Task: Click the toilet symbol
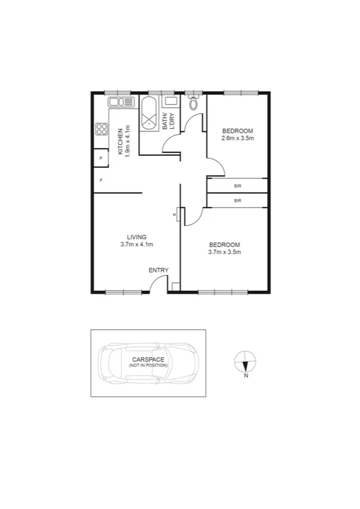pyautogui.click(x=192, y=104)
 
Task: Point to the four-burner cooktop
pyautogui.click(x=101, y=129)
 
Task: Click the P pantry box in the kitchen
pyautogui.click(x=101, y=159)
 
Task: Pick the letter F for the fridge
pyautogui.click(x=101, y=180)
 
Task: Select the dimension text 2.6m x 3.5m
pyautogui.click(x=238, y=138)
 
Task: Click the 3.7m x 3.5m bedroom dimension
pyautogui.click(x=224, y=252)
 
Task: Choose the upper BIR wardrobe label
pyautogui.click(x=237, y=186)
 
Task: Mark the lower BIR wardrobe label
pyautogui.click(x=237, y=200)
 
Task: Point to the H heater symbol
pyautogui.click(x=174, y=215)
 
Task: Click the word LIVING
pyautogui.click(x=137, y=236)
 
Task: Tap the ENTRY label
pyautogui.click(x=159, y=270)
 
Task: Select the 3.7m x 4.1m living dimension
pyautogui.click(x=137, y=244)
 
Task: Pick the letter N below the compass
pyautogui.click(x=246, y=377)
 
